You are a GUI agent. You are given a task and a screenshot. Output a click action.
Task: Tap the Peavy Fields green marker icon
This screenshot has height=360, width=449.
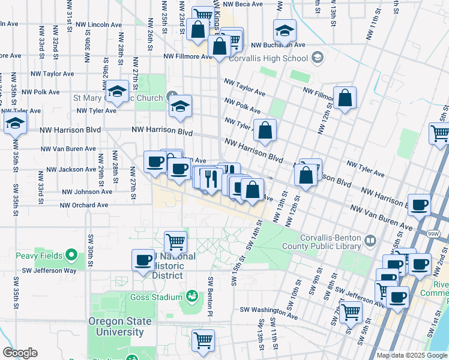pyautogui.click(x=71, y=256)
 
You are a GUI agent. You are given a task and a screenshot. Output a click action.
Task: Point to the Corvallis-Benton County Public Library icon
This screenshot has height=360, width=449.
pyautogui.click(x=370, y=241)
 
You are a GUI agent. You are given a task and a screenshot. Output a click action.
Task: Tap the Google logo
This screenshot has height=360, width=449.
pyautogui.click(x=20, y=353)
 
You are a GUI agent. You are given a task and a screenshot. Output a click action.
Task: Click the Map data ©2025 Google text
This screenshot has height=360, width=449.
pyautogui.click(x=412, y=355)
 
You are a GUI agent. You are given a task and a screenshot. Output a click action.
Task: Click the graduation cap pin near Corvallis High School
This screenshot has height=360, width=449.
pyautogui.click(x=285, y=30)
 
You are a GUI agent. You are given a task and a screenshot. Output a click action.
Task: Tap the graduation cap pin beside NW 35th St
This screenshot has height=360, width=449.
pyautogui.click(x=15, y=124)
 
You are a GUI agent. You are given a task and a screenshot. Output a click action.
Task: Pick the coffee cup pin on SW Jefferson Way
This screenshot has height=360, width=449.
pyautogui.click(x=143, y=260)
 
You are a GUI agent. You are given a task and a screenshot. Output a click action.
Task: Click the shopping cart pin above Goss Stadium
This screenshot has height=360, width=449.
pyautogui.click(x=175, y=242)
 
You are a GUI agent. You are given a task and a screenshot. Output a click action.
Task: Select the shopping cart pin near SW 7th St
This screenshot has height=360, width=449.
pyautogui.click(x=351, y=311)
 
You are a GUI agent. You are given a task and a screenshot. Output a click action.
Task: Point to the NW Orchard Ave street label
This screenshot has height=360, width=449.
pyautogui.click(x=83, y=205)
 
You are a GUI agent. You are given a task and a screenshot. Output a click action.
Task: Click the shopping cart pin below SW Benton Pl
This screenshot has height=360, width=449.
pyautogui.click(x=203, y=340)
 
